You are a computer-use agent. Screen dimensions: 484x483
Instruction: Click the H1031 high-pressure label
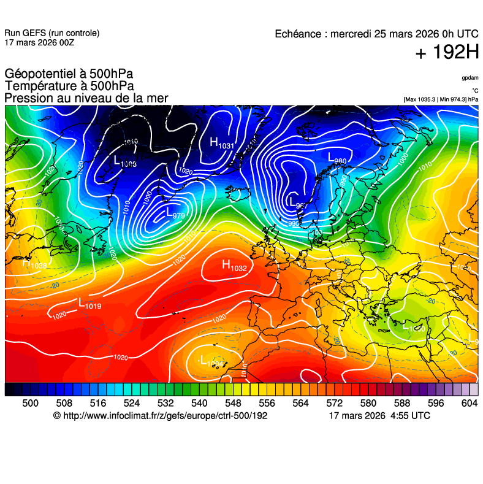point(222,144)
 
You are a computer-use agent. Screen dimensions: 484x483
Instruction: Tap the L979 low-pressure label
point(175,214)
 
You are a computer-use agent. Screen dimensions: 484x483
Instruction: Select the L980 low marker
point(338,158)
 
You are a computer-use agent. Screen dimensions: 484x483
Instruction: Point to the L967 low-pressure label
point(297,202)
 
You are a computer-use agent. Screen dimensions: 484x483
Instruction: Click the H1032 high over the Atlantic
point(234,266)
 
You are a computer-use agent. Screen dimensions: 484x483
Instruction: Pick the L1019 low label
point(89,303)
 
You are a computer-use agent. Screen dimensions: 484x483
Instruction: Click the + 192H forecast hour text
point(447,53)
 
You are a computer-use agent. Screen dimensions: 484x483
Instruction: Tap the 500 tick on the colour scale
point(30,403)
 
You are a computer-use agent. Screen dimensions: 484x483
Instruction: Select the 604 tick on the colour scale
point(469,403)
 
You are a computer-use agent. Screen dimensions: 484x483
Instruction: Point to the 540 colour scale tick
point(199,403)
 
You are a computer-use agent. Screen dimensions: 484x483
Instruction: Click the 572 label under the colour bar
point(334,403)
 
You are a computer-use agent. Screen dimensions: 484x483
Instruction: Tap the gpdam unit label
point(470,78)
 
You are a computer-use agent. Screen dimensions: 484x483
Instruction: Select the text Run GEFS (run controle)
point(51,33)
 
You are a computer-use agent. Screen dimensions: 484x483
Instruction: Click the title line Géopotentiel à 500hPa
point(69,74)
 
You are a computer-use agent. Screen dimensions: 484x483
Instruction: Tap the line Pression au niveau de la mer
point(86,98)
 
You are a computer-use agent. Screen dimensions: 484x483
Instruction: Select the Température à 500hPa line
point(69,86)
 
